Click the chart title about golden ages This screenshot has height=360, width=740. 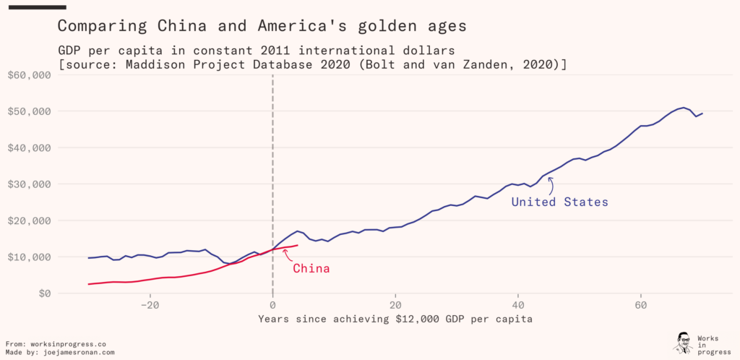pyautogui.click(x=262, y=26)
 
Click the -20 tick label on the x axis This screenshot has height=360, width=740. pyautogui.click(x=150, y=305)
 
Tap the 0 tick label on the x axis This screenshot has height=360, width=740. pyautogui.click(x=272, y=305)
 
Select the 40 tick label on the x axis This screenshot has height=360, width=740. pyautogui.click(x=517, y=305)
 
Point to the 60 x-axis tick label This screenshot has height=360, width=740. pyautogui.click(x=640, y=305)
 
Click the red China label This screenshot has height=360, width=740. pyautogui.click(x=311, y=269)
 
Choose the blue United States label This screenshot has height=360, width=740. pyautogui.click(x=559, y=202)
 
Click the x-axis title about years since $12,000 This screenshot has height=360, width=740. pyautogui.click(x=395, y=318)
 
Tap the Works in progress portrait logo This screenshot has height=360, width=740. pyautogui.click(x=682, y=343)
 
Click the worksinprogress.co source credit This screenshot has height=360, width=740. pyautogui.click(x=56, y=344)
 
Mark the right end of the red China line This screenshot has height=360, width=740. pyautogui.click(x=297, y=245)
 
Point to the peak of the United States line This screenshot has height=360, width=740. pyautogui.click(x=683, y=108)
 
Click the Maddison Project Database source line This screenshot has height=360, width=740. pyautogui.click(x=312, y=64)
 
